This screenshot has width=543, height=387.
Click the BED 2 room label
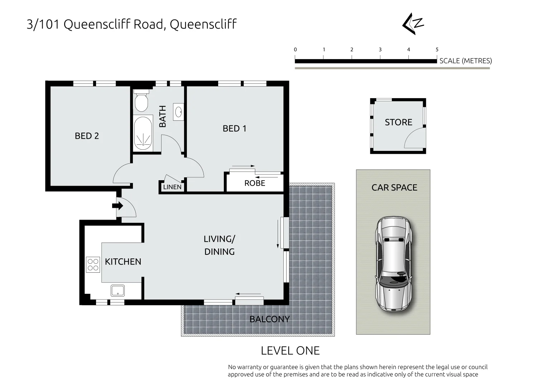pyautogui.click(x=87, y=136)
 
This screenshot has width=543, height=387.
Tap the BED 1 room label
pyautogui.click(x=234, y=128)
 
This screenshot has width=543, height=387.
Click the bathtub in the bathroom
pyautogui.click(x=143, y=133)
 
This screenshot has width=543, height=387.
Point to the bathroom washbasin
pyautogui.click(x=178, y=111)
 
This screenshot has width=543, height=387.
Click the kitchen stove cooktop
pyautogui.click(x=93, y=265)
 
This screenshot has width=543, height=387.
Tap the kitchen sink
pyautogui.click(x=117, y=290)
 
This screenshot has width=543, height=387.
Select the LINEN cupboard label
pyautogui.click(x=172, y=187)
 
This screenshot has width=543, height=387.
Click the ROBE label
pyautogui.click(x=255, y=183)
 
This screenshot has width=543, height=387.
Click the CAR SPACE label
pyautogui.click(x=394, y=187)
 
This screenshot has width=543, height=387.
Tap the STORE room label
pyautogui.click(x=398, y=122)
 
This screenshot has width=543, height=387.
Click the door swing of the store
pyautogui.click(x=415, y=139)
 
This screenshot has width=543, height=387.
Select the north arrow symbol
pyautogui.click(x=413, y=25)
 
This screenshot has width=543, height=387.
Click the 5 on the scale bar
pyautogui.click(x=437, y=50)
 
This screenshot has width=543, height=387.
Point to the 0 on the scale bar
pyautogui.click(x=295, y=50)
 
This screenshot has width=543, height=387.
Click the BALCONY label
pyautogui.click(x=269, y=319)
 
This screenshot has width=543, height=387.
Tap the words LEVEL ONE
pyautogui.click(x=290, y=350)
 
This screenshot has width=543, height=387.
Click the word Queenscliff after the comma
pyautogui.click(x=203, y=24)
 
